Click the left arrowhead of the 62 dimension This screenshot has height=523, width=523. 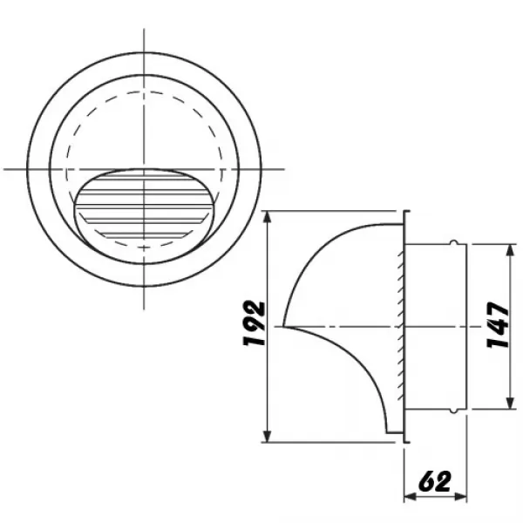coord(409,498)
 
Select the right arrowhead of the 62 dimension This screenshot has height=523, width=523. coord(466,498)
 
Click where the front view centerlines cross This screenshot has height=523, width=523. coord(144,168)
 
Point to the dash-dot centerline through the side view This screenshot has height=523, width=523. coord(349,327)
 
